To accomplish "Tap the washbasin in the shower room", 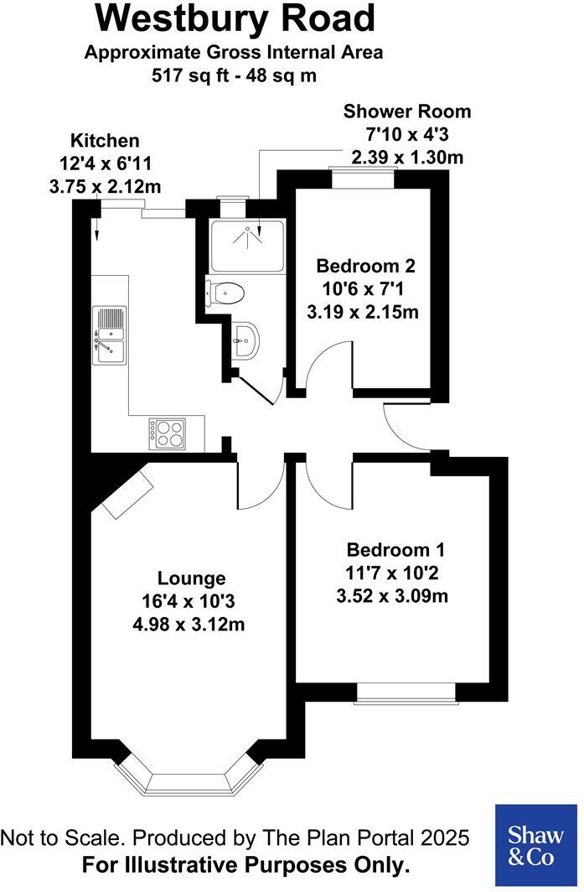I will click(x=246, y=340).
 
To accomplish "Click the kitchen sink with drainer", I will click(x=109, y=335).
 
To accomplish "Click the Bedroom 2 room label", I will click(x=364, y=267).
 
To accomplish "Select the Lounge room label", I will click(x=192, y=578).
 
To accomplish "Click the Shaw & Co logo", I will click(x=535, y=844).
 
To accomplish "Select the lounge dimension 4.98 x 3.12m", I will click(x=192, y=625).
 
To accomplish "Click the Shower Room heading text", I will click(x=407, y=111).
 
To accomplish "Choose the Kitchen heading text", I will click(x=105, y=140).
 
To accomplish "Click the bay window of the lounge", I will click(x=185, y=779).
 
